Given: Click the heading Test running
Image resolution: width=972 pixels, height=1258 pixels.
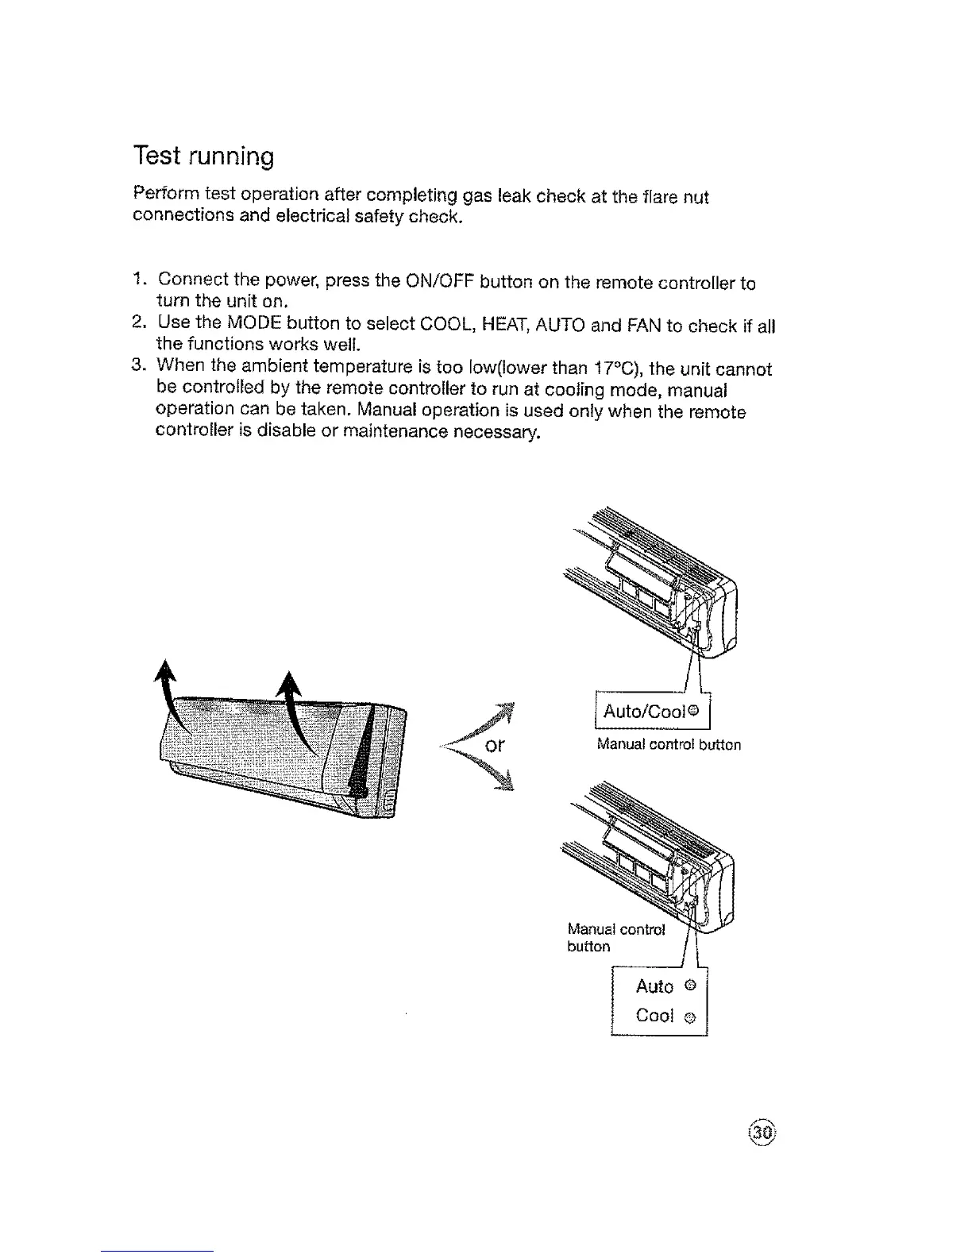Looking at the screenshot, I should (202, 155).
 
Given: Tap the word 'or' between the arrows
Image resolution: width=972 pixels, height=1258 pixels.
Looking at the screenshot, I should (496, 747).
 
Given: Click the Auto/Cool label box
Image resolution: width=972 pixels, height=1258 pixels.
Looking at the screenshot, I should (652, 711).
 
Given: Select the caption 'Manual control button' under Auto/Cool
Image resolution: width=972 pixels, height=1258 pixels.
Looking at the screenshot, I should (669, 745).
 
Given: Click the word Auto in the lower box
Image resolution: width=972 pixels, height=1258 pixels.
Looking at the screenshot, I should (654, 986).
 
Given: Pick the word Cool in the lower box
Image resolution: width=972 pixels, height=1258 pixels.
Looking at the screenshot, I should (654, 1017).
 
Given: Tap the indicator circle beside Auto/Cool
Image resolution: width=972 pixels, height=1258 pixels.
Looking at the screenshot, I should (692, 711).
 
